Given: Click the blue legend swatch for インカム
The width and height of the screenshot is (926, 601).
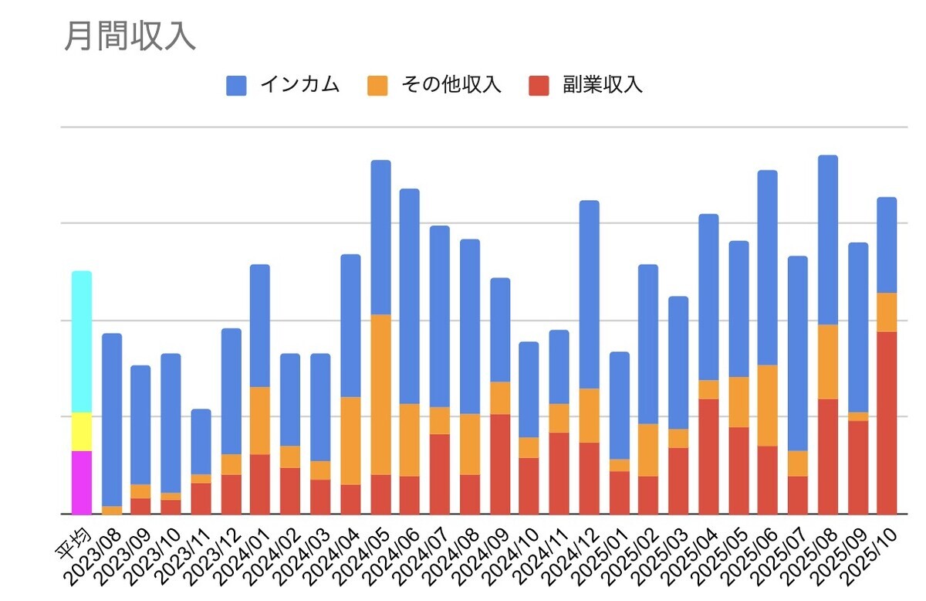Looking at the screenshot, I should tap(236, 85).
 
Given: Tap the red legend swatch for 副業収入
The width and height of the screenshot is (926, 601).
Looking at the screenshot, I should tap(538, 85).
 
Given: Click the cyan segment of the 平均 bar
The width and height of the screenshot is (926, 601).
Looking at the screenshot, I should tap(82, 341).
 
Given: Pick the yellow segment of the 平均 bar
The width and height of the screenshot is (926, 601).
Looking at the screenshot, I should tap(82, 431).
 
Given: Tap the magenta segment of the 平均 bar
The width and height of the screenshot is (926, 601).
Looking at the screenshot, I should tap(82, 482).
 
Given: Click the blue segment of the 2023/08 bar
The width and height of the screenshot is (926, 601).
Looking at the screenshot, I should tap(112, 419).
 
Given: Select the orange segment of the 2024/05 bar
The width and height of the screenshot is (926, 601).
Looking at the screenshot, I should tap(381, 394).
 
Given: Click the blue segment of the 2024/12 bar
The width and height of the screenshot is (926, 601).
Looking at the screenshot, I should tap(590, 294).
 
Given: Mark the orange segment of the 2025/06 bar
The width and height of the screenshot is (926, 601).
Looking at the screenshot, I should tap(767, 405).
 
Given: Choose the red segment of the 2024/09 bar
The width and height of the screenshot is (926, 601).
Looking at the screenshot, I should tap(500, 463).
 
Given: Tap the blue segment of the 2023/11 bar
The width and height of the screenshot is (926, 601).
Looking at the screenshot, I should tap(201, 441).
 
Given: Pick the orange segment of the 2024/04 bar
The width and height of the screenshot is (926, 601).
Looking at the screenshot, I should tap(350, 440).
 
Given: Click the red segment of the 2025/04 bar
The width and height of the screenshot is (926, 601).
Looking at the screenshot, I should tap(708, 456).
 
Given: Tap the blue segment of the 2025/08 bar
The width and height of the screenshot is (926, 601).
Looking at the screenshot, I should tap(828, 239).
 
